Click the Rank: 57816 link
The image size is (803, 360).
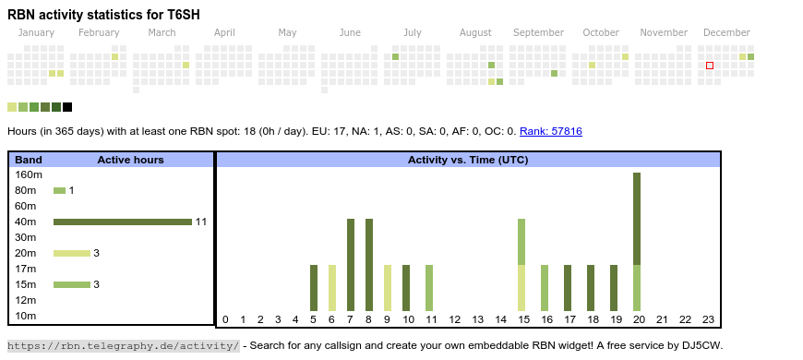[550, 132]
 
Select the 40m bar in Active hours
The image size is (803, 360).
[122, 222]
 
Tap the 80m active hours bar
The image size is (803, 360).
[59, 190]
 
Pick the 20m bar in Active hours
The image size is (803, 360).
[71, 253]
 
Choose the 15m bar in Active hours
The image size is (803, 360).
[71, 284]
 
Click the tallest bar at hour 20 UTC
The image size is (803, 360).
[637, 242]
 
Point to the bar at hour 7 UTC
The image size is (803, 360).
[351, 265]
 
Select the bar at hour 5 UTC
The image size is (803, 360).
[314, 288]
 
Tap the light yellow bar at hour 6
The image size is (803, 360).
[332, 288]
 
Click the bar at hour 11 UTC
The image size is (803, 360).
[429, 288]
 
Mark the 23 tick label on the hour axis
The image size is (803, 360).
[708, 320]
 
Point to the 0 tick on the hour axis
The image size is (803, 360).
[225, 320]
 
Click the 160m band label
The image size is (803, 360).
[29, 174]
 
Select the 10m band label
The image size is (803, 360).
[25, 316]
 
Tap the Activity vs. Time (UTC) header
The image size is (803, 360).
[467, 160]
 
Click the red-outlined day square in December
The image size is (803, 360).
[710, 66]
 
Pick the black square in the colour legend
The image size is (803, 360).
[67, 107]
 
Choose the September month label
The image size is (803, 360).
[538, 32]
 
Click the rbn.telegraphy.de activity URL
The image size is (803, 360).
[123, 346]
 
